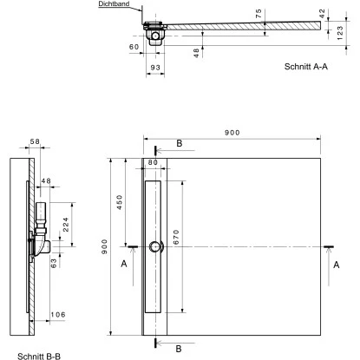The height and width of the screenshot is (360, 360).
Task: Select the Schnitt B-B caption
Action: pos(29,354)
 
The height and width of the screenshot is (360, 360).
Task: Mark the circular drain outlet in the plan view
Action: pos(154,246)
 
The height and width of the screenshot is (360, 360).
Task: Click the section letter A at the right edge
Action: pos(335,268)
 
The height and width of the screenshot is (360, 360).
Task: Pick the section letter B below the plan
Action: pos(179,349)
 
